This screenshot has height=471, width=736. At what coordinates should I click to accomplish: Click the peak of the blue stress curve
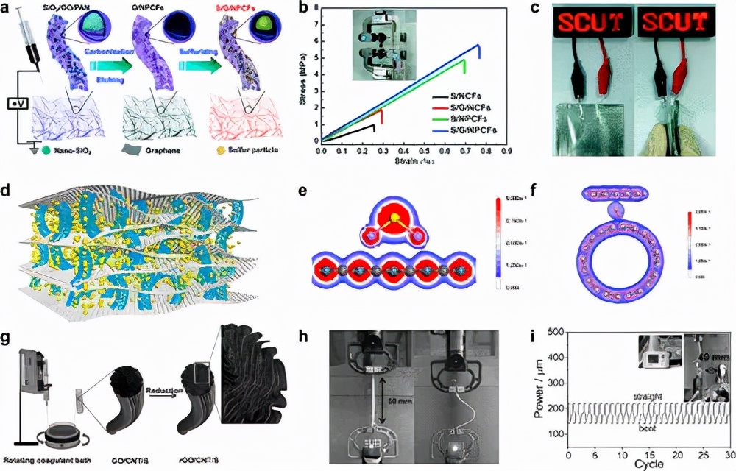(x=479, y=45)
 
